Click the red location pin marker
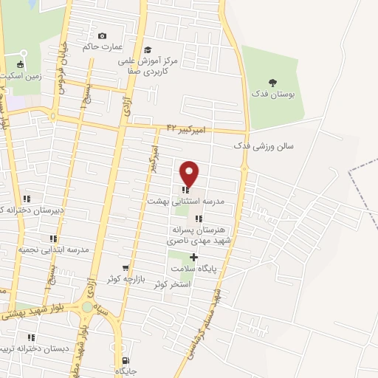(190, 173)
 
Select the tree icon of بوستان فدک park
(273, 83)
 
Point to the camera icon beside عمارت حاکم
(102, 36)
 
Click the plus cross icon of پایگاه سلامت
(193, 258)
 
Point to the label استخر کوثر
(171, 283)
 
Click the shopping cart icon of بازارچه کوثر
(126, 269)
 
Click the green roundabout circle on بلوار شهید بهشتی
(88, 306)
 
